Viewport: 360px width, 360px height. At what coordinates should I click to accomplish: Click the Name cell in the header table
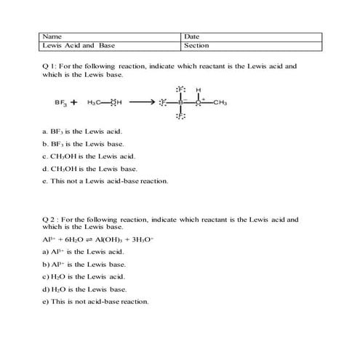(x=109, y=36)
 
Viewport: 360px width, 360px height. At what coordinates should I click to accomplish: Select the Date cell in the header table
(x=251, y=36)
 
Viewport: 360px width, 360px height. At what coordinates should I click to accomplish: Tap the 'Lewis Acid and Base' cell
(x=109, y=45)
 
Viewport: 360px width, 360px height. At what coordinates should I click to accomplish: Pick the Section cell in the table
(x=251, y=45)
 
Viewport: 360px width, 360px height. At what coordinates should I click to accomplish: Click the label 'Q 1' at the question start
(x=49, y=66)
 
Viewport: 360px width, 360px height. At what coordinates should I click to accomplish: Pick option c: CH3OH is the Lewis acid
(x=89, y=156)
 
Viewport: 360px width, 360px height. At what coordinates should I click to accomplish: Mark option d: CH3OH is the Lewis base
(x=90, y=169)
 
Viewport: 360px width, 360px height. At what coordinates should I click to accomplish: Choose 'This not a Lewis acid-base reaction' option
(x=105, y=181)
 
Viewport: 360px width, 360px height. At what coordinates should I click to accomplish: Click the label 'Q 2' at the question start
(x=50, y=217)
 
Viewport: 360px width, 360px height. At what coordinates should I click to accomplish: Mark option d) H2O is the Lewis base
(x=84, y=289)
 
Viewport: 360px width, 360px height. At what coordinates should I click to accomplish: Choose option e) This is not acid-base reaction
(x=96, y=301)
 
